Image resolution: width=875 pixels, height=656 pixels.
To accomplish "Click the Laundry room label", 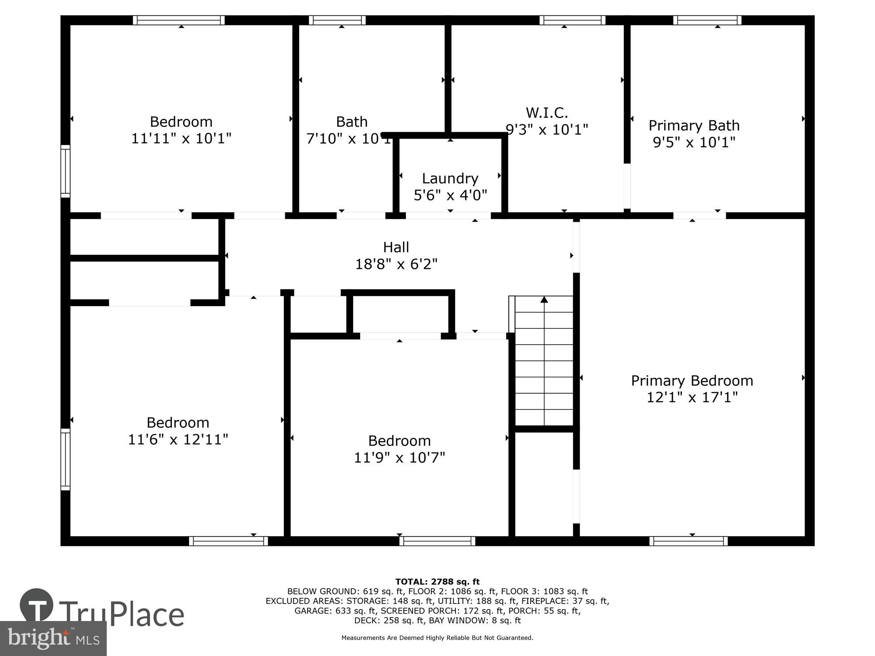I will click(450, 178).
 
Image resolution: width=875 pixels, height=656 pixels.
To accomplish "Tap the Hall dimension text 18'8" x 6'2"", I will click(396, 264).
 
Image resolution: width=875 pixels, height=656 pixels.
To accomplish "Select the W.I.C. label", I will click(547, 113).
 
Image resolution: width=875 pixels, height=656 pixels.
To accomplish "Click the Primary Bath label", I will click(694, 126).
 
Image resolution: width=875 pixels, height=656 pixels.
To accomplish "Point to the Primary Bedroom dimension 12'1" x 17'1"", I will click(692, 398).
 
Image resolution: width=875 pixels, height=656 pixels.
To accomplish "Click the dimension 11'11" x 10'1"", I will click(181, 139).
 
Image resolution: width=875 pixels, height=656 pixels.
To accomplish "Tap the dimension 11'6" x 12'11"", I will click(178, 440).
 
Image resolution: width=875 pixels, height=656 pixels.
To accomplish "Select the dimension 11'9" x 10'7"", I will click(399, 457).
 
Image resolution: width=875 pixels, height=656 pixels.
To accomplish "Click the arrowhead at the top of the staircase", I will click(544, 300).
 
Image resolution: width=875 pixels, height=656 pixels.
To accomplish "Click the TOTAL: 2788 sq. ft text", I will click(437, 582).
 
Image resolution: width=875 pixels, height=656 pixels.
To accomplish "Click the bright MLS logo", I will click(53, 639).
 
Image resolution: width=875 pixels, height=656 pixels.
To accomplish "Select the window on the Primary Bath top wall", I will click(707, 20).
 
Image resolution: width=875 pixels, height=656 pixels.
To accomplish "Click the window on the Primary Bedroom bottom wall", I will click(689, 541).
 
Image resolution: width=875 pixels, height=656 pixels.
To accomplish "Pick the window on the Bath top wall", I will click(337, 20).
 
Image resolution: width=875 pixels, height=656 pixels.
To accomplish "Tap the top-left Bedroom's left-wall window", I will click(65, 171).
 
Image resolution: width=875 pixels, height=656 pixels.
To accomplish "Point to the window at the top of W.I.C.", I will click(572, 20).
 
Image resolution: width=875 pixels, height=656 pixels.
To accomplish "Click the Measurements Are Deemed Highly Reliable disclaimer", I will click(437, 638).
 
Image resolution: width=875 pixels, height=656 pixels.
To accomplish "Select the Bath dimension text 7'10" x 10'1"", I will click(349, 139).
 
